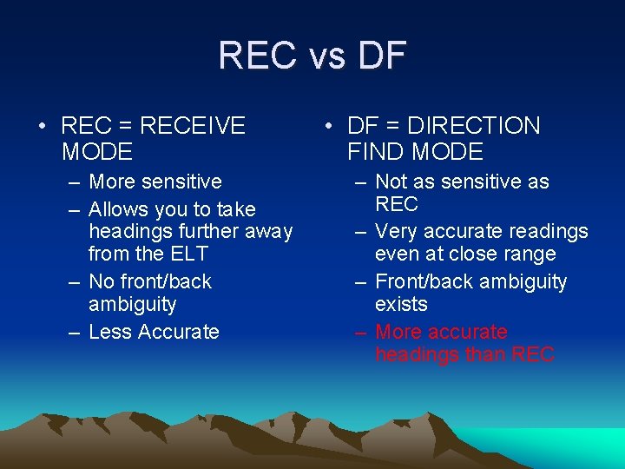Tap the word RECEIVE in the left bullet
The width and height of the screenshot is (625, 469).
click(192, 126)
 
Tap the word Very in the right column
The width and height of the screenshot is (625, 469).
click(397, 232)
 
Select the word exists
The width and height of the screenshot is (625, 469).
click(401, 304)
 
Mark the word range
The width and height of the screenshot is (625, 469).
click(528, 254)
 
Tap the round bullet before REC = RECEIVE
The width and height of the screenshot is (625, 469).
click(42, 127)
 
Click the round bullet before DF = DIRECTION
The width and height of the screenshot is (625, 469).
click(326, 127)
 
